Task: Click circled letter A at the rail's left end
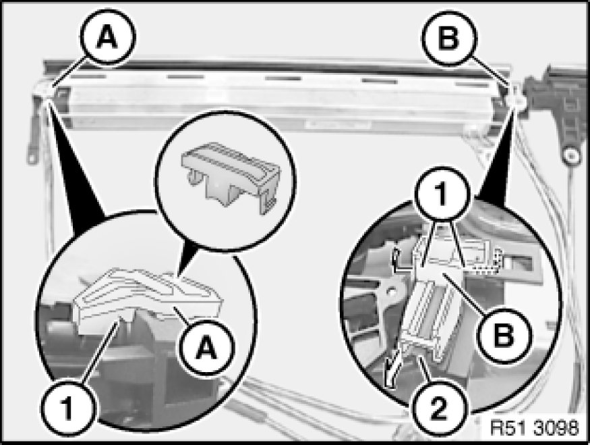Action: point(108,37)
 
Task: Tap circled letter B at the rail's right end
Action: point(449,38)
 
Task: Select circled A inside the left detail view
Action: point(206,347)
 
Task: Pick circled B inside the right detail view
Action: point(504,335)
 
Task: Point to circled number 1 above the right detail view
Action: point(442,194)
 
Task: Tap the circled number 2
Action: point(439,408)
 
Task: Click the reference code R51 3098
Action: point(535,428)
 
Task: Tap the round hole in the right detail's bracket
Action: point(391,291)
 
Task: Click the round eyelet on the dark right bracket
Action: point(571,155)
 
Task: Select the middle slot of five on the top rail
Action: point(283,78)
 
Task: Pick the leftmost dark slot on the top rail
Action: point(89,76)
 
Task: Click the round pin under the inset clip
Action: point(194,177)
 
